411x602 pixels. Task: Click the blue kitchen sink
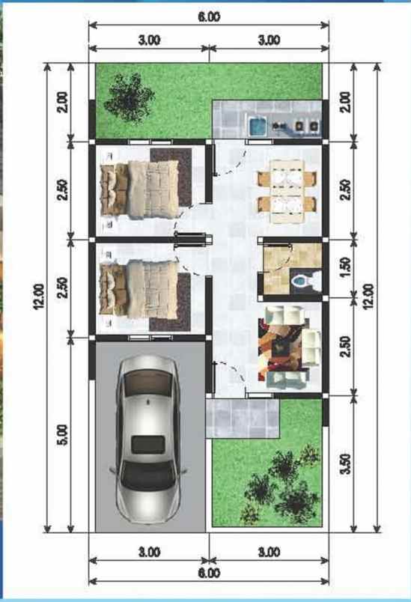(257, 126)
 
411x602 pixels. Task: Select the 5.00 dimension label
(61, 436)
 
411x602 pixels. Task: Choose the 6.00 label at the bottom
(209, 574)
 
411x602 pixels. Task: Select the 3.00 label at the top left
(149, 40)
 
